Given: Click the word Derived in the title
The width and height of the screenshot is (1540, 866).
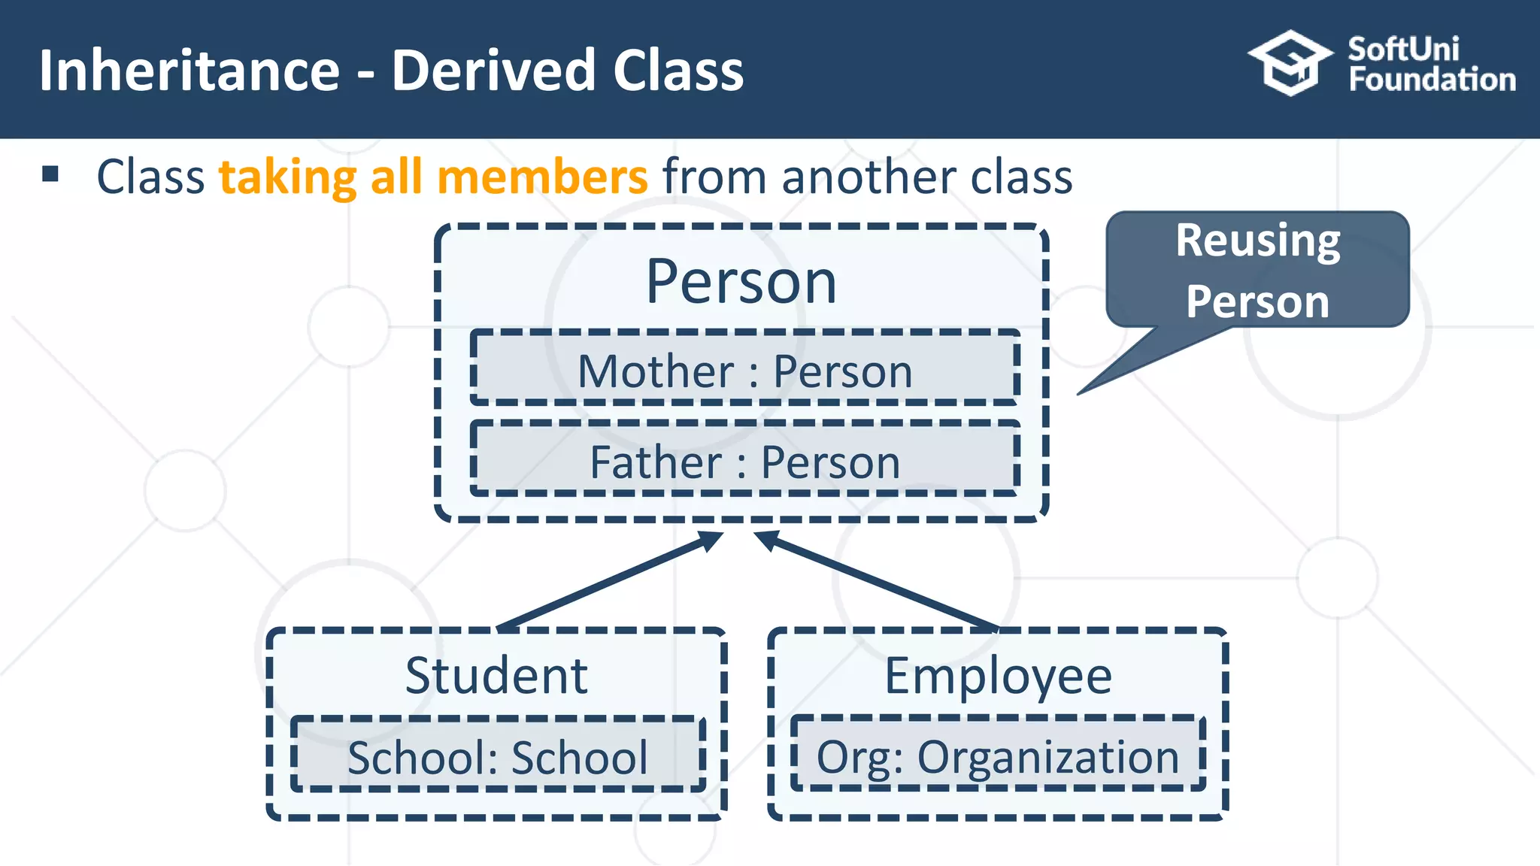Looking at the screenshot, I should coord(493,71).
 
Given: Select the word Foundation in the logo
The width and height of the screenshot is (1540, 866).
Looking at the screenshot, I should coord(1432,80).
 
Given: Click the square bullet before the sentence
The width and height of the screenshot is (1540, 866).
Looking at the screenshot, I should coord(50,174).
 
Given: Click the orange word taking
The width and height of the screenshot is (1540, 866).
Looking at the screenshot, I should coord(288,177).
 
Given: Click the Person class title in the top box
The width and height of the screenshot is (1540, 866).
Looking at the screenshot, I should coord(741,282).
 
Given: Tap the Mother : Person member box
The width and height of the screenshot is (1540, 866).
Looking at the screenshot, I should coord(744,370).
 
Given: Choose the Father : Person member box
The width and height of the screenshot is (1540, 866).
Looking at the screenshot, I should coord(744,461).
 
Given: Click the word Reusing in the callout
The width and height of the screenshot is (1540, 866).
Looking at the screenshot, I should coord(1257,241).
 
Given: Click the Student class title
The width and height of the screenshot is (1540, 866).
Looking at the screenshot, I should coord(496,675).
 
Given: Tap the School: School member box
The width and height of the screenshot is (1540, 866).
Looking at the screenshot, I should coord(498,755).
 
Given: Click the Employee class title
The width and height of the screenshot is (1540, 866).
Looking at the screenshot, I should coord(997,675).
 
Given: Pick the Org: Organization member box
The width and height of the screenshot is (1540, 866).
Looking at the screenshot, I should coord(998,755).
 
